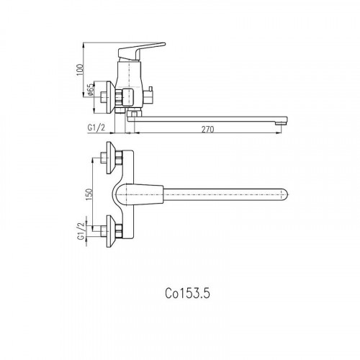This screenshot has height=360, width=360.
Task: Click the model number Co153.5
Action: pyautogui.click(x=187, y=293)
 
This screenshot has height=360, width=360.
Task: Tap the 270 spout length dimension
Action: pyautogui.click(x=207, y=130)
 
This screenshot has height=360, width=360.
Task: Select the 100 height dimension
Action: pyautogui.click(x=80, y=70)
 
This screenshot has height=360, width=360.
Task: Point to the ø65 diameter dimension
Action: pyautogui.click(x=91, y=90)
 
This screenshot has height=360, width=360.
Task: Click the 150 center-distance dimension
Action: pyautogui.click(x=89, y=195)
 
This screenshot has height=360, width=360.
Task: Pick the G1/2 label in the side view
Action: pyautogui.click(x=96, y=127)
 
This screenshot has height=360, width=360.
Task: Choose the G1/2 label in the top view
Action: pyautogui.click(x=81, y=231)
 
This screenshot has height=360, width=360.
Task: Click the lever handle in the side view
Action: pyautogui.click(x=142, y=51)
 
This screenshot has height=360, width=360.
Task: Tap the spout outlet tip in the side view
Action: pyautogui.click(x=281, y=124)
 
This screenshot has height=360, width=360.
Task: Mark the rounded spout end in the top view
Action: pyautogui.click(x=284, y=194)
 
